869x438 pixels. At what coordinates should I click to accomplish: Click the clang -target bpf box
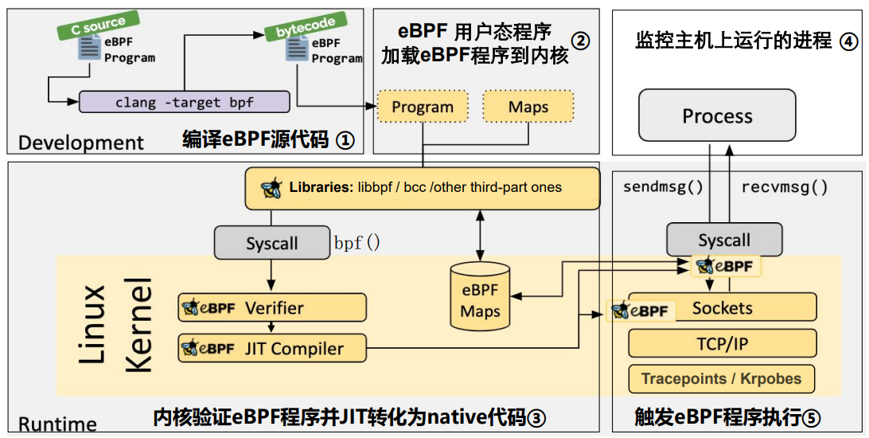click(x=184, y=102)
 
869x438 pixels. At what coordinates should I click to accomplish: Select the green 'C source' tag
click(x=98, y=25)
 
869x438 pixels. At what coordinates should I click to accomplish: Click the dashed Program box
click(x=422, y=107)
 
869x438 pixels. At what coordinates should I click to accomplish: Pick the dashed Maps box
click(x=528, y=107)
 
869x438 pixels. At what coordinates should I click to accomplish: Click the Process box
click(x=717, y=116)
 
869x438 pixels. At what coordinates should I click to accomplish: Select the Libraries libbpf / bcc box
click(x=422, y=189)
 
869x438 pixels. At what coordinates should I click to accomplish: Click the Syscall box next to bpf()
click(x=271, y=243)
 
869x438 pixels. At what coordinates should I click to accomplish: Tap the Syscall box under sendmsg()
click(x=723, y=240)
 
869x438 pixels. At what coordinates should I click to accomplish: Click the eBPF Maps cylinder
click(x=480, y=295)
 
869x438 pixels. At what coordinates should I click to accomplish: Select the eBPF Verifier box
click(x=272, y=307)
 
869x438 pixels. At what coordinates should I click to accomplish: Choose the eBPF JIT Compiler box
click(x=272, y=348)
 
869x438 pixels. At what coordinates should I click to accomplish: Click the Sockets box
click(x=723, y=307)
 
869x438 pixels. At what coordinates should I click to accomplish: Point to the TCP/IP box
click(x=723, y=343)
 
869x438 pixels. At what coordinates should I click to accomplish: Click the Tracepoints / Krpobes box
click(x=723, y=379)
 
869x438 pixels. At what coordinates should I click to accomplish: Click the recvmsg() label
click(x=784, y=188)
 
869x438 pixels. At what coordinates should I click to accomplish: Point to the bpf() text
click(x=357, y=243)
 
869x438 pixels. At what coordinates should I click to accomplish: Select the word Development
click(x=81, y=143)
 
